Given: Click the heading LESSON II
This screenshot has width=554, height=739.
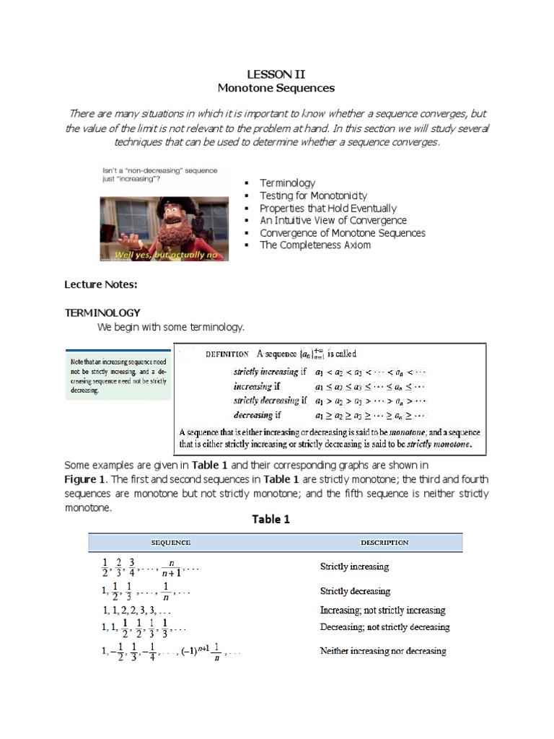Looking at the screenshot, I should pyautogui.click(x=276, y=74).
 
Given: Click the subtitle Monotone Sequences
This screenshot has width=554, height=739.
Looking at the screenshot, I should pyautogui.click(x=276, y=88).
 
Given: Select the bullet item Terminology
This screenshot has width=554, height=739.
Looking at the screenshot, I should pyautogui.click(x=287, y=183).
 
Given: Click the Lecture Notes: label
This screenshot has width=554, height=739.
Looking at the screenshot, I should pyautogui.click(x=101, y=284).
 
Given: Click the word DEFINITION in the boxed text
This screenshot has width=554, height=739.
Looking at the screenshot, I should pyautogui.click(x=227, y=354).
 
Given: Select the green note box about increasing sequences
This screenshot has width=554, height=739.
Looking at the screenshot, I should pyautogui.click(x=118, y=375).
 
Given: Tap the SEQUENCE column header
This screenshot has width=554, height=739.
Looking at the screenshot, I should pyautogui.click(x=170, y=543).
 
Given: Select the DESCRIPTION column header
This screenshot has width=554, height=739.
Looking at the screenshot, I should pyautogui.click(x=384, y=543).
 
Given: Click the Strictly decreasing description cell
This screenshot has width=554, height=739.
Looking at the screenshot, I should pyautogui.click(x=355, y=591).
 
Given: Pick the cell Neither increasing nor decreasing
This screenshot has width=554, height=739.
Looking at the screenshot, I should pyautogui.click(x=383, y=651).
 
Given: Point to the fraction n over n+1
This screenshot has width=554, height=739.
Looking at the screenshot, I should pyautogui.click(x=172, y=568).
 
